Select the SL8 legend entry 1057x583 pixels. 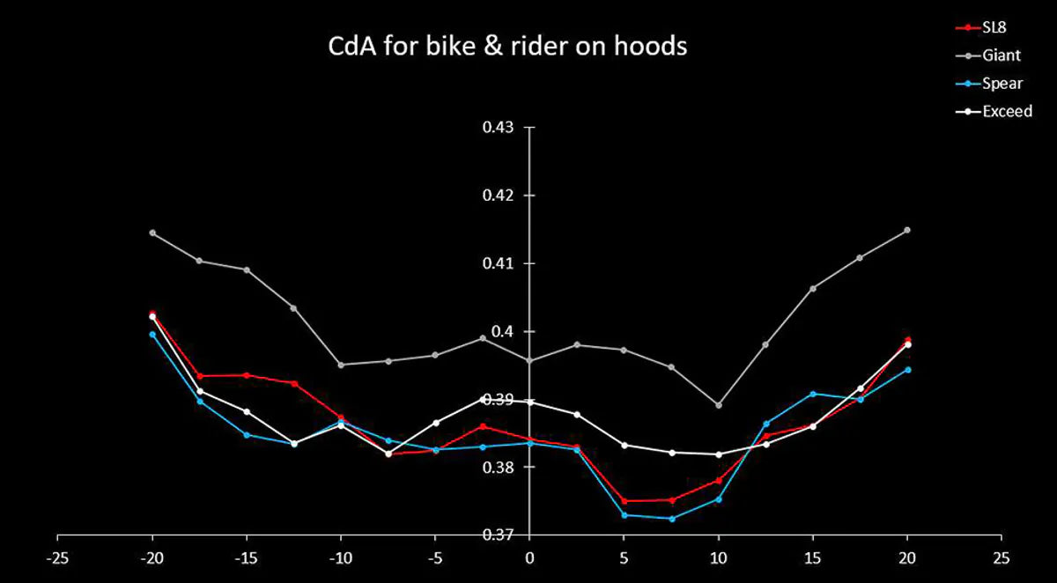pos(994,27)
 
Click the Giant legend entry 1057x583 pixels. pos(1001,55)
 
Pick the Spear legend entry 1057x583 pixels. pos(1001,84)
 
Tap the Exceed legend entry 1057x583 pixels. pos(1007,112)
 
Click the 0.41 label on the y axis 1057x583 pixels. pos(499,263)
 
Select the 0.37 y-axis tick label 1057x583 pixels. pos(499,535)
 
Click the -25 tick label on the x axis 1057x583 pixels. pos(57,557)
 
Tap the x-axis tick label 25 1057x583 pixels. pos(1001,557)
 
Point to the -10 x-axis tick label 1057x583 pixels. pos(340,557)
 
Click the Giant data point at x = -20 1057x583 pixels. pos(152,232)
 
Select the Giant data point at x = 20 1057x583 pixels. pos(907,230)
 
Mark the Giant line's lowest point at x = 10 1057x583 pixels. pos(719,405)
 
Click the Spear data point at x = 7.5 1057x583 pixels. pos(672,519)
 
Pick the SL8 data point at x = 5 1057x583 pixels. pos(625,501)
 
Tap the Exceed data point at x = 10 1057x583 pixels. pos(719,454)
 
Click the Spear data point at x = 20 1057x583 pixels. pos(907,370)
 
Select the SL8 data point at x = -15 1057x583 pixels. pos(247,375)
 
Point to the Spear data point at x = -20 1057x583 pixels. pos(152,335)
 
